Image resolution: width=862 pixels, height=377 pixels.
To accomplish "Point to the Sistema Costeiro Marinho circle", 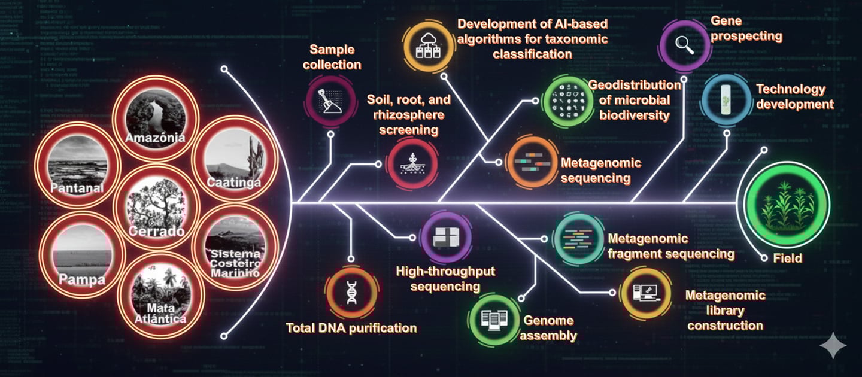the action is tap(235, 248).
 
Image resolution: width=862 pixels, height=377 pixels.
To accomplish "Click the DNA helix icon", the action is tap(352, 293).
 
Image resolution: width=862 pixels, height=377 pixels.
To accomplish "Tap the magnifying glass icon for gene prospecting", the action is tap(685, 45).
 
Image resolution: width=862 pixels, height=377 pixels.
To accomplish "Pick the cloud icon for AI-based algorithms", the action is tap(429, 46).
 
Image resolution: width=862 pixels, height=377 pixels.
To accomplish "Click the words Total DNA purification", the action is tap(351, 328).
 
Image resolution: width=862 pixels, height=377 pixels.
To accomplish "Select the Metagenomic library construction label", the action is tap(726, 311).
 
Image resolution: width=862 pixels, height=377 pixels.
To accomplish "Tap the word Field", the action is tap(787, 259).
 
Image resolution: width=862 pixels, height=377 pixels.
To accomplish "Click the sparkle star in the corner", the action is tap(833, 346).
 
